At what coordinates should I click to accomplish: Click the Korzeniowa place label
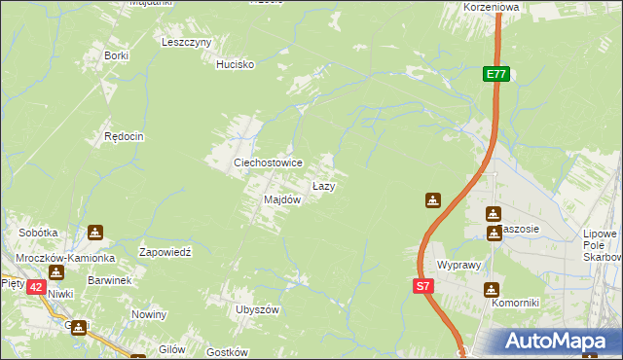(x=493, y=6)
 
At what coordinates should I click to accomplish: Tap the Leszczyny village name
(x=187, y=43)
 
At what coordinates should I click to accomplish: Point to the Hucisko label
(x=235, y=64)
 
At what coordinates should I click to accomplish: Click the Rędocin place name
(x=125, y=137)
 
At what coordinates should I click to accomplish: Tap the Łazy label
(x=324, y=185)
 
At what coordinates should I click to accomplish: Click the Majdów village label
(x=282, y=199)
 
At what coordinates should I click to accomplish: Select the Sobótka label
(x=39, y=234)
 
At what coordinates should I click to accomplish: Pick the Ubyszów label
(x=257, y=309)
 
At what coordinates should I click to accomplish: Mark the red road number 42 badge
(x=35, y=287)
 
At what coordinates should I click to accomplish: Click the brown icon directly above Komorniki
(x=490, y=289)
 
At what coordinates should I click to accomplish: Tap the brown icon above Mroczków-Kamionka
(x=94, y=233)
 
